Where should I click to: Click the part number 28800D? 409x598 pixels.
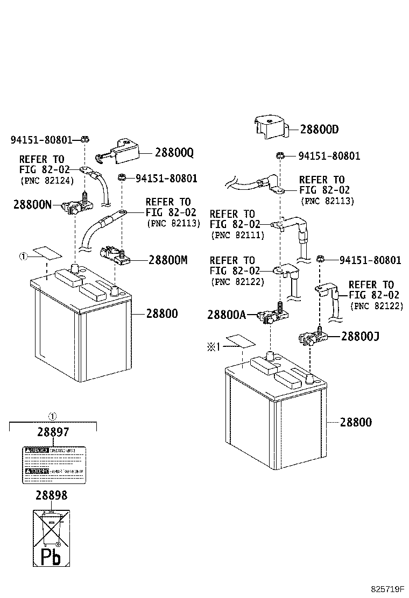(x=319, y=130)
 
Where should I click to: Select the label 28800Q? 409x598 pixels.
(x=174, y=153)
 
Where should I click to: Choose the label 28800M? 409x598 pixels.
(x=167, y=260)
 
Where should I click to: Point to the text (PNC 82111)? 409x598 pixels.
(x=237, y=235)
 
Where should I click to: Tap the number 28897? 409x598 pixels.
(x=53, y=432)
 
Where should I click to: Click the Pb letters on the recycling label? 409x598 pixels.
(x=52, y=555)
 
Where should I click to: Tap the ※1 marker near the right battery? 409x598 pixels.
(x=215, y=347)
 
